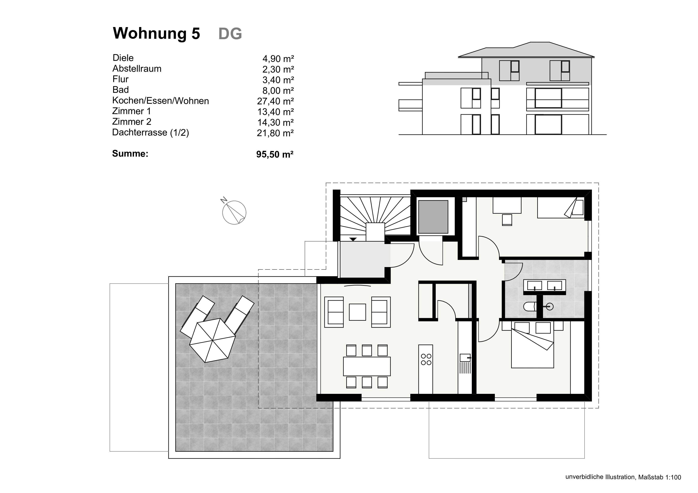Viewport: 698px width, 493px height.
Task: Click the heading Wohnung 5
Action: tap(156, 33)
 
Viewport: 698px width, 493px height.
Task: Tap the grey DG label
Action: tap(230, 34)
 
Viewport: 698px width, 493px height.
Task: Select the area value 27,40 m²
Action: tap(275, 101)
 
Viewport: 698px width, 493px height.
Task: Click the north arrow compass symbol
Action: tap(234, 212)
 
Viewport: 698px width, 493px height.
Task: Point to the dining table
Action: tap(367, 366)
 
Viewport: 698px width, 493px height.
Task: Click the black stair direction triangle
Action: tap(353, 239)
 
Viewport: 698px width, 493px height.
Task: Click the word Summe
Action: tap(130, 154)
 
